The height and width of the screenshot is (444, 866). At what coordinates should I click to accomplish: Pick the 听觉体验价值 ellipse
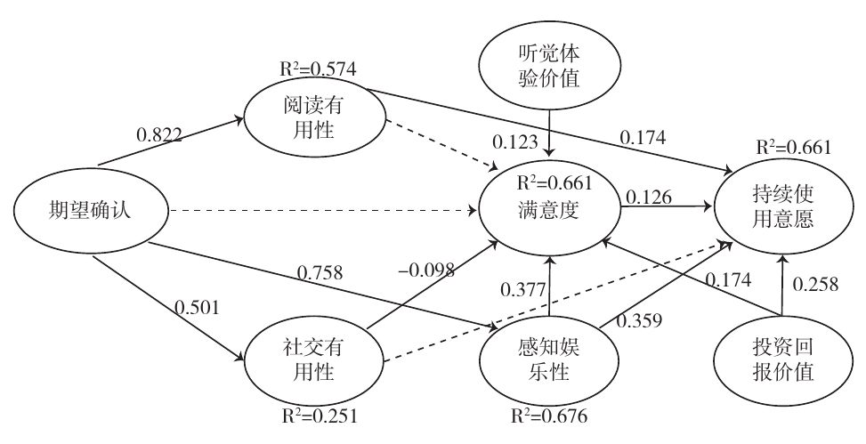548,66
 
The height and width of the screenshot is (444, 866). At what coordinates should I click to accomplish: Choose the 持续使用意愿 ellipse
780,207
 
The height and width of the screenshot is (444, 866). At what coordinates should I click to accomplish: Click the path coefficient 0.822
161,136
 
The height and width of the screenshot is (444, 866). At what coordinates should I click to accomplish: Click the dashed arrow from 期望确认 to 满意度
320,211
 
